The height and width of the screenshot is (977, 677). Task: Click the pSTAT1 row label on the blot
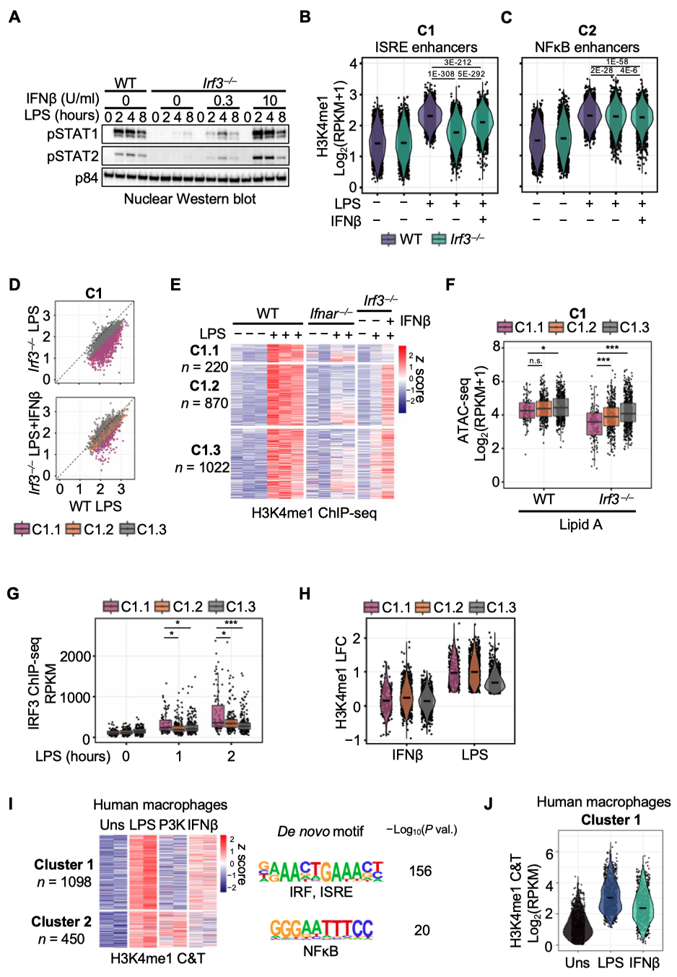point(72,134)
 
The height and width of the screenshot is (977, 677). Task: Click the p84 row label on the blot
point(86,177)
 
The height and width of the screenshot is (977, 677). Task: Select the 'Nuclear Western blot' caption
point(190,199)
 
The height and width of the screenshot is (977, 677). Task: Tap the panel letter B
point(305,17)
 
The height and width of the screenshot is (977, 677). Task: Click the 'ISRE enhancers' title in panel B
point(426,47)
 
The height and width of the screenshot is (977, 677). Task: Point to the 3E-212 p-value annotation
point(458,62)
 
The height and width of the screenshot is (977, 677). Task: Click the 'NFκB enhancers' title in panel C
point(587,47)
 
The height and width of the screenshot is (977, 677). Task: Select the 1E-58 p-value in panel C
point(616,62)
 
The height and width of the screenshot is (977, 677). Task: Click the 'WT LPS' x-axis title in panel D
point(95,505)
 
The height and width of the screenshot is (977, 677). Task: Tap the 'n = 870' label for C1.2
point(204,403)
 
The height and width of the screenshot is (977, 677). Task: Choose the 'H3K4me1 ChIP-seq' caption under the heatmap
point(314,513)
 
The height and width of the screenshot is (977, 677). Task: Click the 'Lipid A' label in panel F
point(580,524)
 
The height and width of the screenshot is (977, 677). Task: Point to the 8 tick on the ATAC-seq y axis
point(497,347)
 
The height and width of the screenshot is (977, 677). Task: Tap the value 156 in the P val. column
point(420,871)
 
